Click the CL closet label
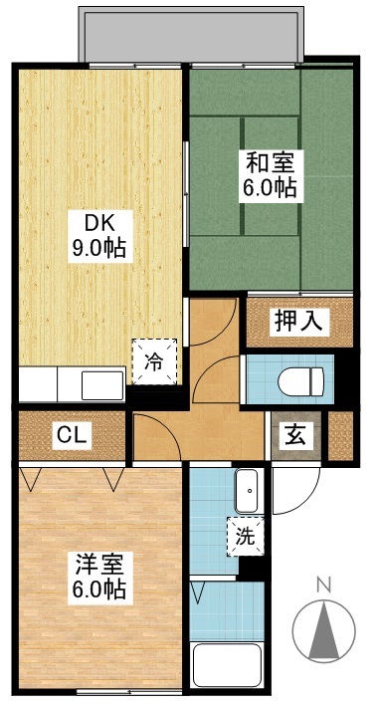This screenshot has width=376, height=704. (x=69, y=435)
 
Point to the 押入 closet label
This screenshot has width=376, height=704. (x=298, y=322)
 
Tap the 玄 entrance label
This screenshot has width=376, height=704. (x=296, y=434)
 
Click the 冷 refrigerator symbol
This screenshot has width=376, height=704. (x=156, y=359)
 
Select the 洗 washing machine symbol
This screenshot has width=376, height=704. (x=244, y=535)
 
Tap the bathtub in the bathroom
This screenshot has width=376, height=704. (x=228, y=667)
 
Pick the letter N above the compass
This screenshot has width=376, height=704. (x=322, y=586)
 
